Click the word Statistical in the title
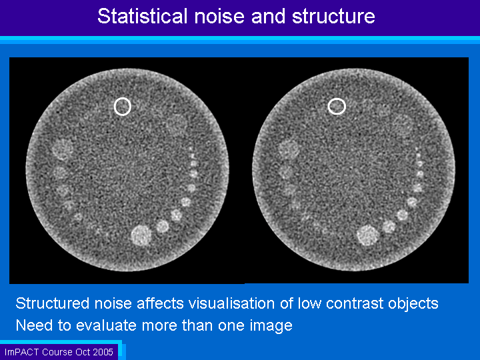point(143,16)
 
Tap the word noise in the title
point(219,16)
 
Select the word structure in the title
point(333,16)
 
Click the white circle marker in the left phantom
point(123,107)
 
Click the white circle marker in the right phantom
point(337,106)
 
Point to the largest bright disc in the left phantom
point(141,235)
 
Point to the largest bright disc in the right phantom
point(368,235)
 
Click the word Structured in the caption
point(53,303)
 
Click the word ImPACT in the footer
point(22,352)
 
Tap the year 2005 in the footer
point(103,352)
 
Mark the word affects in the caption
point(160,303)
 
